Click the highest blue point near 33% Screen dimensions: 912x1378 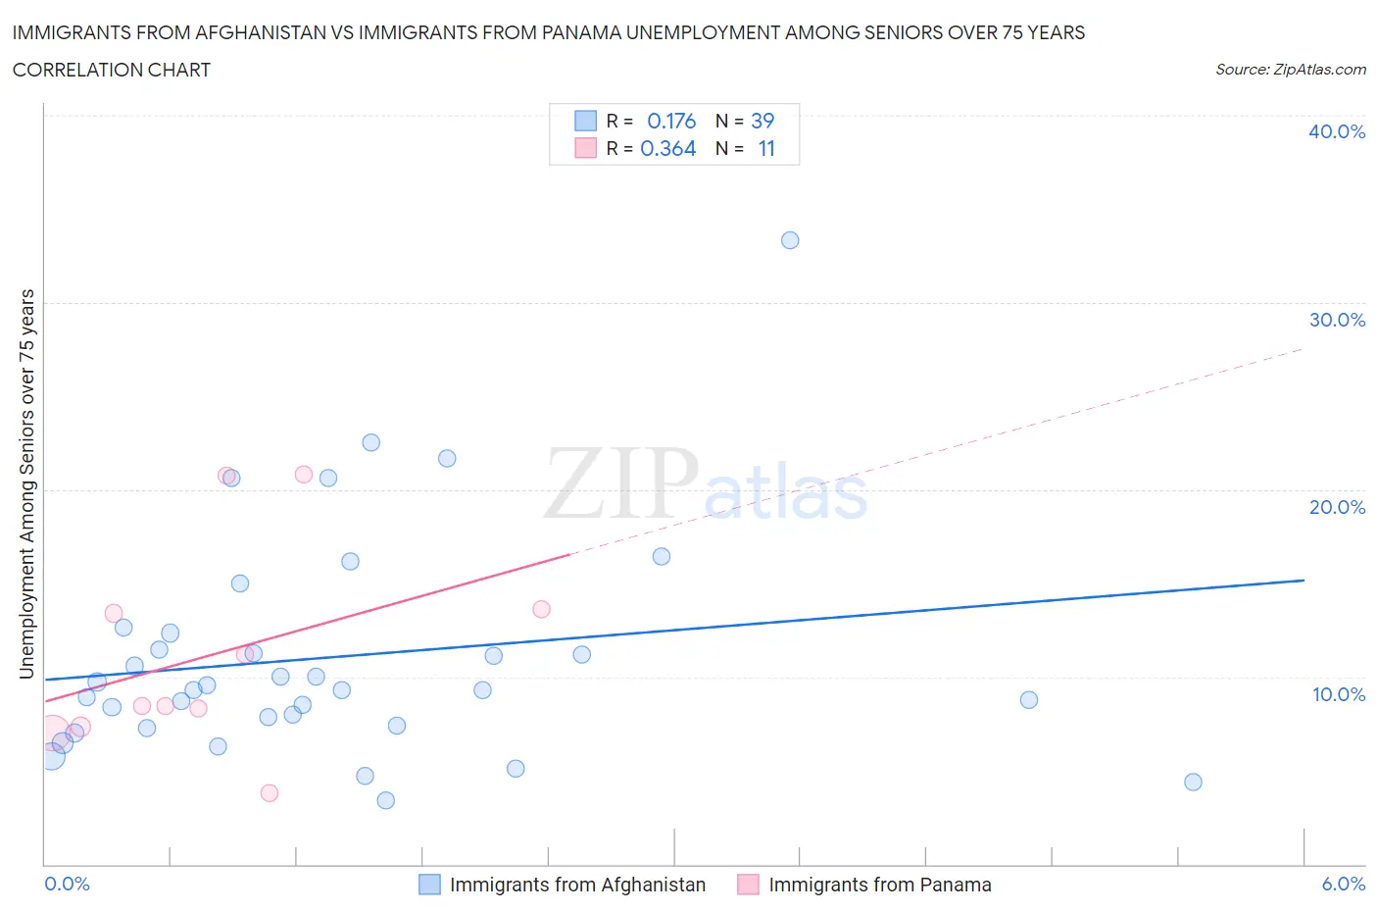pos(790,240)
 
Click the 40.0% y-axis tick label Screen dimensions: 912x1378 pos(1336,131)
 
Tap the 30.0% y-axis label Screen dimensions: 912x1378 pos(1336,320)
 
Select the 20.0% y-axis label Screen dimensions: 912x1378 pos(1336,507)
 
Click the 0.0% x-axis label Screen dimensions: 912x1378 pos(67,884)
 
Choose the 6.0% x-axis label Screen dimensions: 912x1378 pos(1343,884)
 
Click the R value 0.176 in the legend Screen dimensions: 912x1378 pos(671,121)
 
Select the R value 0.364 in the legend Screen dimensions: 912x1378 pos(668,148)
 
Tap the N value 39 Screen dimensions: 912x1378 pos(763,121)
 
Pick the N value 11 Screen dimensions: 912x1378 pos(766,148)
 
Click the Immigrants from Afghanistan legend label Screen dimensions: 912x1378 pos(577,885)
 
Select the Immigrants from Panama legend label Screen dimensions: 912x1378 pos(879,885)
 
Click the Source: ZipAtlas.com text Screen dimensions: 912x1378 pos(1290,70)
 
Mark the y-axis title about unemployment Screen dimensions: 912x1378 pos(27,484)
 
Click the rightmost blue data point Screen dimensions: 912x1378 pos(1193,782)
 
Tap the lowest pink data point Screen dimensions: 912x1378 pos(270,792)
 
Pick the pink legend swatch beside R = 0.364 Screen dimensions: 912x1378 pos(585,148)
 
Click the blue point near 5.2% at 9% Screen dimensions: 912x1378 pos(1028,700)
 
